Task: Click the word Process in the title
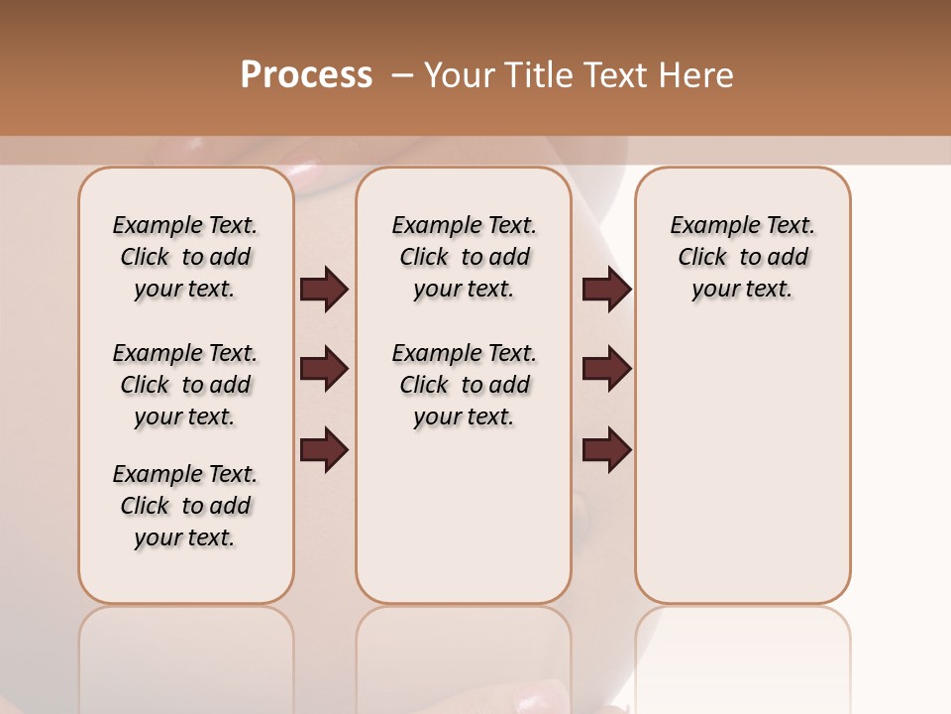coord(306,75)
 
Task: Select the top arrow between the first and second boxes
coord(324,290)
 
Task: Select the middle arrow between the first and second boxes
coord(324,369)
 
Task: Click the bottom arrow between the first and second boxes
coord(324,449)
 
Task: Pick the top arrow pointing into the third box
coord(606,290)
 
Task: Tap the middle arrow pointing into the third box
coord(606,369)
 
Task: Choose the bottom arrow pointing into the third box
coord(606,449)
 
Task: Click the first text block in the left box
coord(185,257)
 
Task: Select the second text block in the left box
coord(185,385)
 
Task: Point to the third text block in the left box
coord(185,506)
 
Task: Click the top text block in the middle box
coord(464,257)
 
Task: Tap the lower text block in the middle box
coord(464,385)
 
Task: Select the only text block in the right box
coord(742,257)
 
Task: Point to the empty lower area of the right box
coord(742,466)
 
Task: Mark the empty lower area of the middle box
coord(464,516)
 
